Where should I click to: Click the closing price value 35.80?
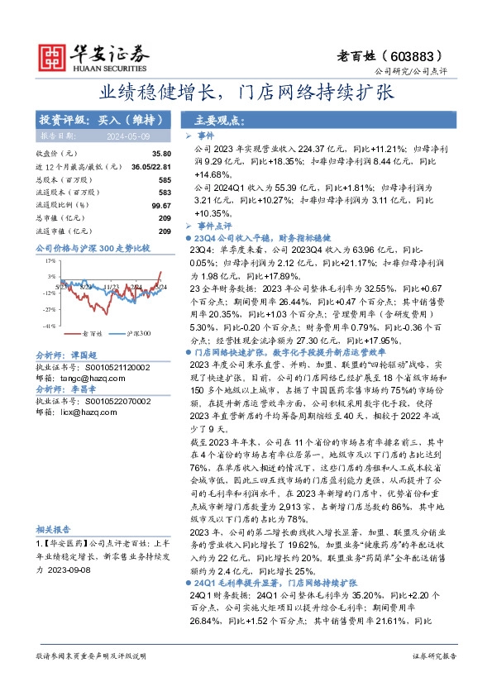click(x=161, y=154)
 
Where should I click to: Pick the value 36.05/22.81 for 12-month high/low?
click(x=150, y=166)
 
